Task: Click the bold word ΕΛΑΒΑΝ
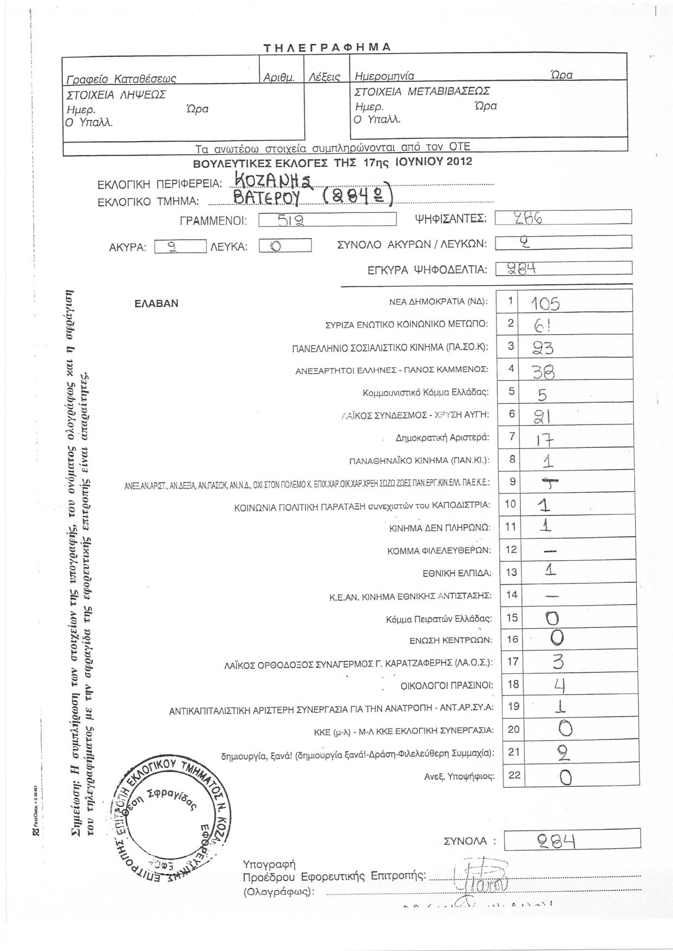156,304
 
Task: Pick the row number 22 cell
514,775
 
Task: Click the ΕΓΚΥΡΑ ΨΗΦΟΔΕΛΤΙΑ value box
564,268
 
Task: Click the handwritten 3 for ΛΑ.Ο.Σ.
558,662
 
